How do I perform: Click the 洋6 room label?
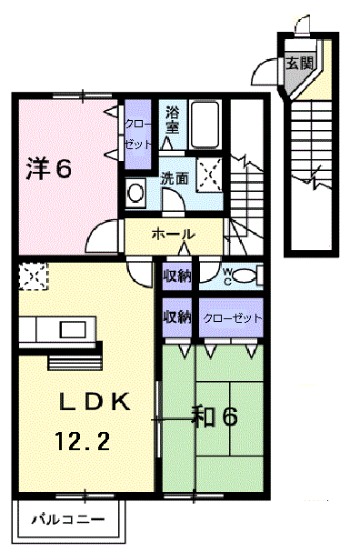[49, 168]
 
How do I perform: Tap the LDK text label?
[95, 402]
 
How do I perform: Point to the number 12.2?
[83, 441]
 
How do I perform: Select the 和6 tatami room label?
[215, 417]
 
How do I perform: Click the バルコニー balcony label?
[68, 519]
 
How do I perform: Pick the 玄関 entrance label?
[299, 63]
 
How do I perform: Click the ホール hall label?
[173, 234]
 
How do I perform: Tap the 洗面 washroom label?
[175, 179]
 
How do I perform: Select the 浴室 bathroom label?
[173, 121]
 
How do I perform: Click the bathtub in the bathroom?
[205, 125]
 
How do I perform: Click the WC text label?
[227, 276]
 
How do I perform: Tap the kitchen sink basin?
[73, 329]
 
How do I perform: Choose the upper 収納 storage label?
[177, 276]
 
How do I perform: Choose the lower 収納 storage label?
[177, 317]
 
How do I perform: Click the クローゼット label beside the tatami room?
[232, 318]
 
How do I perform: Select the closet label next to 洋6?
[138, 135]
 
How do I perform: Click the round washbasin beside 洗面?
[135, 193]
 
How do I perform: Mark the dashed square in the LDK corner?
[33, 276]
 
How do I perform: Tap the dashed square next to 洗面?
[209, 175]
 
